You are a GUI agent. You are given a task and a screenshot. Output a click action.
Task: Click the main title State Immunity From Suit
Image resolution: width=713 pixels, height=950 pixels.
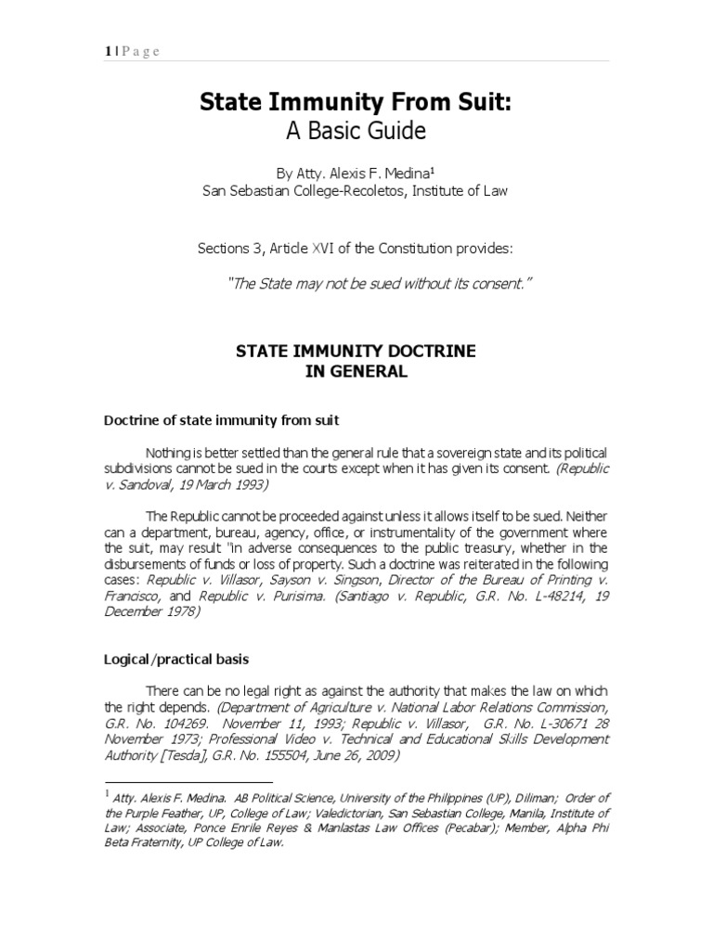point(356,104)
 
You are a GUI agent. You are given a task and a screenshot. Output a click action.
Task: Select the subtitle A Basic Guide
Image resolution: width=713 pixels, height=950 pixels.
point(356,132)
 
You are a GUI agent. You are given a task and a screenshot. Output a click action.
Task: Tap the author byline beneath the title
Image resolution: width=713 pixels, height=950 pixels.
point(356,173)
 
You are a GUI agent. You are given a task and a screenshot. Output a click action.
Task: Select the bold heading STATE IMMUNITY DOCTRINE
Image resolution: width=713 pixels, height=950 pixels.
point(356,353)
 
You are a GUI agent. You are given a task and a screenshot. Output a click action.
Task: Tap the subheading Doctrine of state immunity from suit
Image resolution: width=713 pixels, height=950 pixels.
point(221,420)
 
